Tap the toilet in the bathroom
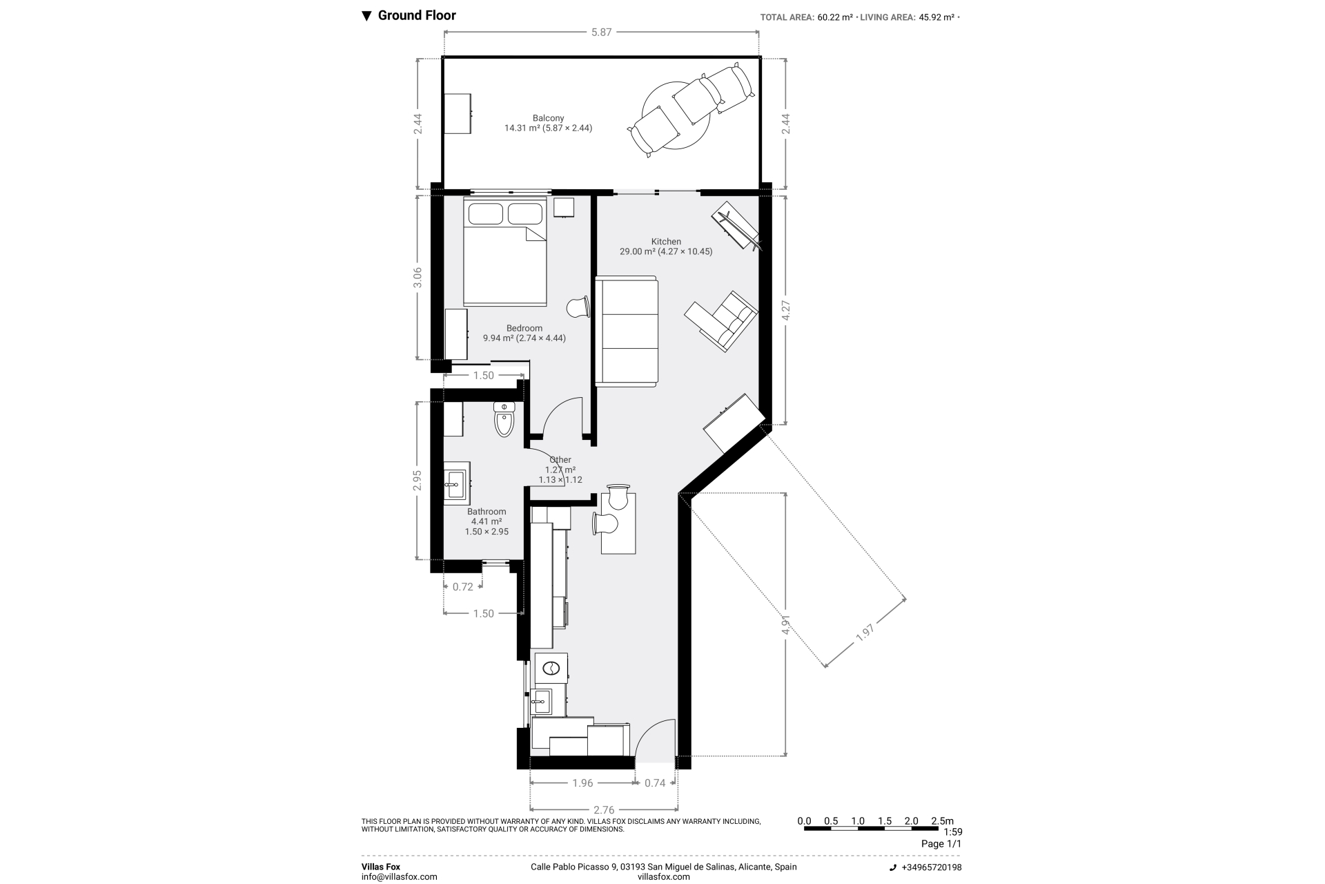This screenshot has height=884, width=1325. (504, 419)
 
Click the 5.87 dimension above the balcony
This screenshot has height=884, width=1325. (602, 32)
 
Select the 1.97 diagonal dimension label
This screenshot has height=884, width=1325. (865, 633)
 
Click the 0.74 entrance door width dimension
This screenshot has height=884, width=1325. (655, 782)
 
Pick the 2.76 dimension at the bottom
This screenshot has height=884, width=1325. (604, 810)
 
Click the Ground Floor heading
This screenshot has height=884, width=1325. (417, 15)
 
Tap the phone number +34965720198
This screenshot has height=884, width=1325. (931, 867)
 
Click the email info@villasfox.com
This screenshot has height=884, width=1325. (400, 877)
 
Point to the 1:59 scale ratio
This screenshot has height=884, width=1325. (952, 832)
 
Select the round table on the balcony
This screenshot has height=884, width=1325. (676, 115)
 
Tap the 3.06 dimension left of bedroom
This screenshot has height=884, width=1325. (417, 278)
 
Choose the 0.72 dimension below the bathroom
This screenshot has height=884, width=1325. (463, 587)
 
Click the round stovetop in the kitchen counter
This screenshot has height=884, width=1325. (551, 668)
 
